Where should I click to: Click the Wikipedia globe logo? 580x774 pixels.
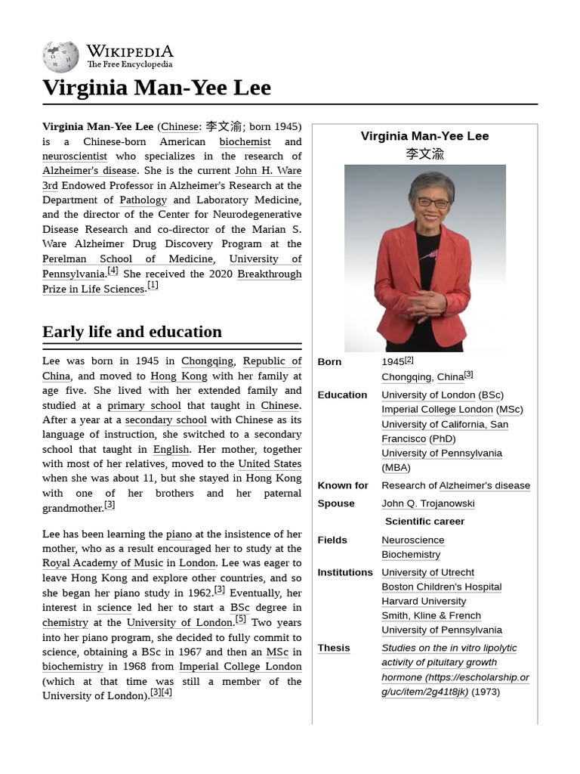[x=60, y=57]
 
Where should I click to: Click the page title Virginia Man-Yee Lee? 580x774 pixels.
[x=156, y=88]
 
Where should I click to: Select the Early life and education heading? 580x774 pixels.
[x=132, y=332]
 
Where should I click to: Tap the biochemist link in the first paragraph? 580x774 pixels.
[x=245, y=141]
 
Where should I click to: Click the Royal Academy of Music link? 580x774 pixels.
[x=103, y=563]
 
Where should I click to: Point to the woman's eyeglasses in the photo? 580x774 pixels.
[x=433, y=202]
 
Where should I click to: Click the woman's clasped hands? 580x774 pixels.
[x=427, y=302]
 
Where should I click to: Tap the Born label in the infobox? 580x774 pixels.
[x=329, y=362]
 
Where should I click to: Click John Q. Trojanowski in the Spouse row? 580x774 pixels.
[x=427, y=503]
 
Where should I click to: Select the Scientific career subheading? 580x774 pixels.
[x=424, y=522]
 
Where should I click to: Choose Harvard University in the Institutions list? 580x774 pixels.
[x=424, y=602]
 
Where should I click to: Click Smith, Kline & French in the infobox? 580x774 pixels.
[x=430, y=616]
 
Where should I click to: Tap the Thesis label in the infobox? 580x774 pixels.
[x=333, y=649]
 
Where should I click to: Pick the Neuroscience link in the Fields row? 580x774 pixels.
[x=412, y=540]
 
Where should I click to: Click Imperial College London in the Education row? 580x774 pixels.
[x=437, y=410]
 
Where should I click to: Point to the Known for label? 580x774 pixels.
[x=342, y=486]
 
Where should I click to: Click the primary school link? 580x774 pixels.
[x=143, y=406]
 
